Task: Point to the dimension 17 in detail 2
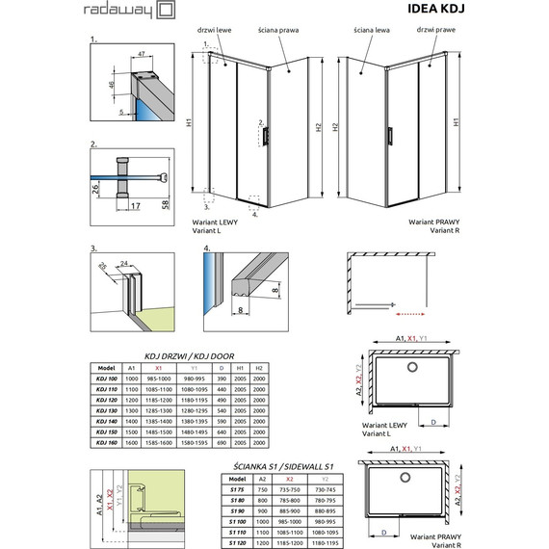pyautogui.click(x=134, y=206)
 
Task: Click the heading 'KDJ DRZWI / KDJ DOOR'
pyautogui.click(x=186, y=354)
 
